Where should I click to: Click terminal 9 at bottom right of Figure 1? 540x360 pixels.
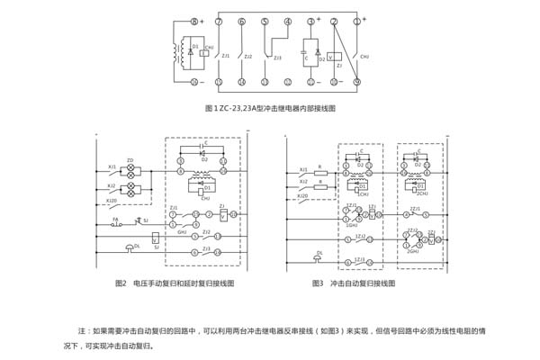357,82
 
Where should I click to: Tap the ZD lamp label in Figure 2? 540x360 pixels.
130,159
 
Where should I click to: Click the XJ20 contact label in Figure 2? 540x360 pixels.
112,201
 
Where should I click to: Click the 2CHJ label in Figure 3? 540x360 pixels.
421,193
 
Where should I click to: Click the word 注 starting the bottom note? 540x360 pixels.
83,330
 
